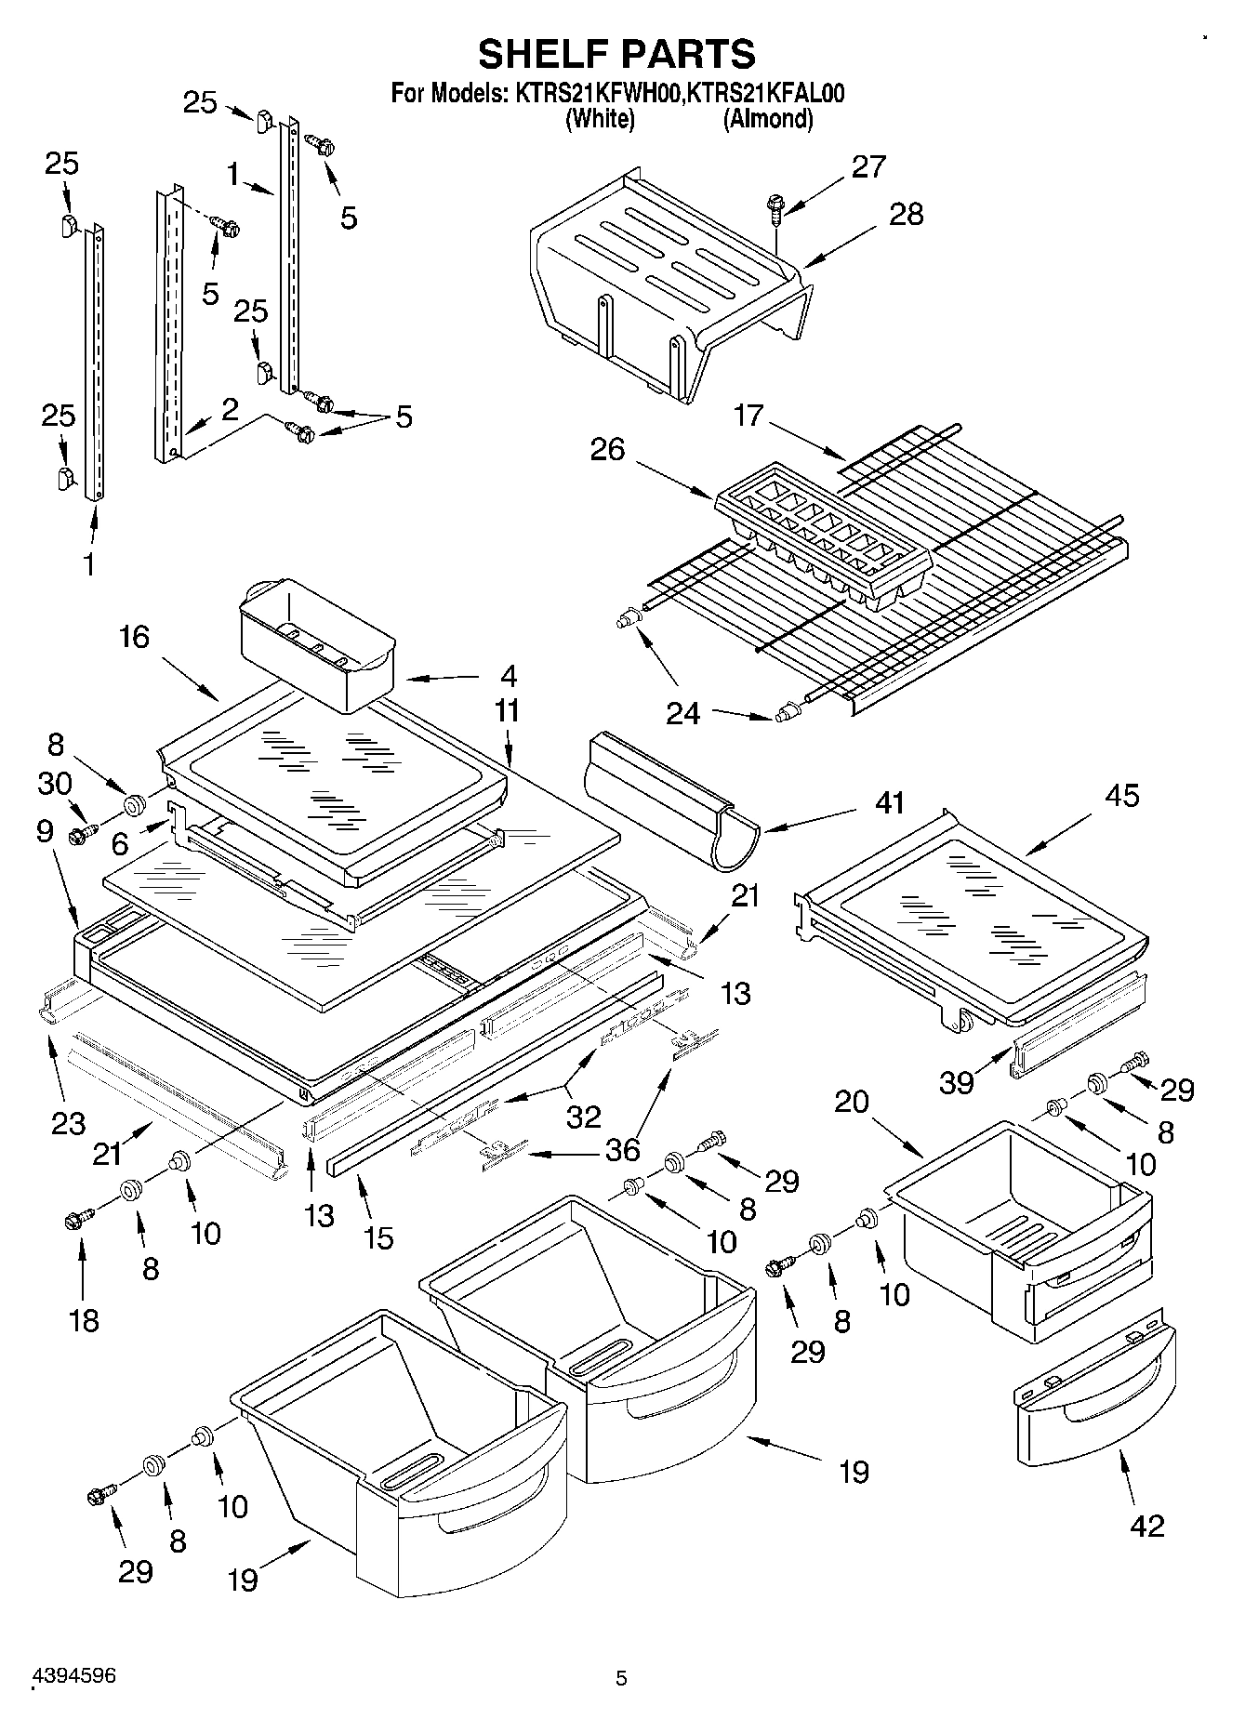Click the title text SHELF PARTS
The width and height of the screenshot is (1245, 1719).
(x=616, y=54)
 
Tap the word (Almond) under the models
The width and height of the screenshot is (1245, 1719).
(x=768, y=119)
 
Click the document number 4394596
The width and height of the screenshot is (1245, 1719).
(x=74, y=1676)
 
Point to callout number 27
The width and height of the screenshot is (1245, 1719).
(x=868, y=166)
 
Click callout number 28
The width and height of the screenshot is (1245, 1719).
(x=907, y=214)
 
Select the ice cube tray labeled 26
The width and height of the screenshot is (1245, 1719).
(x=823, y=535)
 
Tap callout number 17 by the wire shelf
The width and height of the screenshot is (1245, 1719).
(x=748, y=416)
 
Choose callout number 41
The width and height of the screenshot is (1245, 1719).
(x=890, y=801)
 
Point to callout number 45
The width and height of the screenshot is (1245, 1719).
(x=1121, y=796)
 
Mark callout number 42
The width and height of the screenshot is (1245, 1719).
(x=1146, y=1526)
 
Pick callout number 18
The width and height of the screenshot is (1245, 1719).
(x=84, y=1320)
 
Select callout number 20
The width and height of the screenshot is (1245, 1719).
(x=851, y=1102)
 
